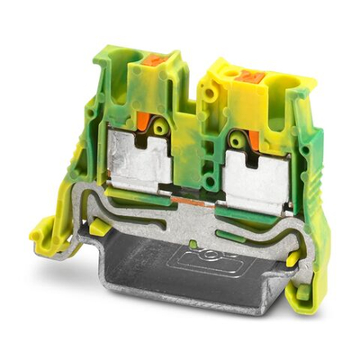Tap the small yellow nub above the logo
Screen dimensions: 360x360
click(194, 243)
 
